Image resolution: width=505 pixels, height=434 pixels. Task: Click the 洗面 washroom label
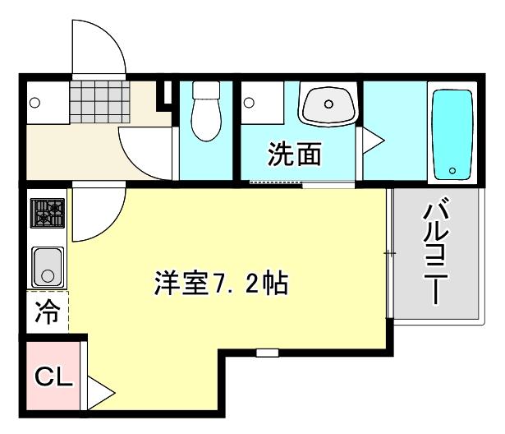tap(294, 154)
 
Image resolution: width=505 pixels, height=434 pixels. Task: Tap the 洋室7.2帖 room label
tap(219, 284)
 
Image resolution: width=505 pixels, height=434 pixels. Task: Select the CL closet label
tap(54, 378)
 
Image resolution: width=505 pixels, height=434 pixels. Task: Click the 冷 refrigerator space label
tap(48, 313)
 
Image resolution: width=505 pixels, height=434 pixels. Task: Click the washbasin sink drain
tap(328, 104)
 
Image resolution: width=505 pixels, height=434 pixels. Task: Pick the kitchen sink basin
tap(48, 265)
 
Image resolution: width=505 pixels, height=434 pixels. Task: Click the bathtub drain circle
tap(452, 171)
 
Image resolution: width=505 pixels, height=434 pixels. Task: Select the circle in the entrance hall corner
tap(35, 103)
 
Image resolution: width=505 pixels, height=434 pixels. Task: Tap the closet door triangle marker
tap(97, 392)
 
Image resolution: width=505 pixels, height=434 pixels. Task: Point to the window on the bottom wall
tap(264, 353)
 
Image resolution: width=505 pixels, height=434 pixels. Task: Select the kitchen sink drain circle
tap(48, 272)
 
